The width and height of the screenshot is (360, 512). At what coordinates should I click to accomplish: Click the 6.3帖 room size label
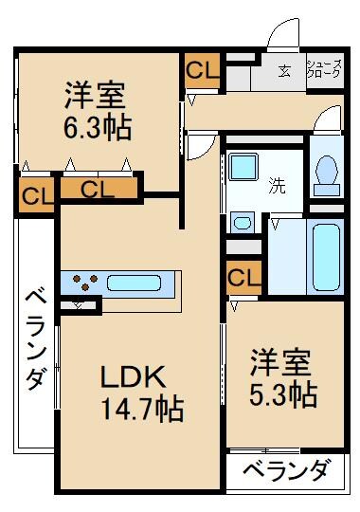point(99,125)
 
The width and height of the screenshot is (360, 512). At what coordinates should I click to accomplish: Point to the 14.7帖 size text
point(142,410)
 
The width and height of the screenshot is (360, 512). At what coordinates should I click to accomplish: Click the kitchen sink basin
point(136,283)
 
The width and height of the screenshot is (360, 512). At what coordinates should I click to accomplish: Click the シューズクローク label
point(322,69)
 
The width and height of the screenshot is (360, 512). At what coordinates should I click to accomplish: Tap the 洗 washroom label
point(277,185)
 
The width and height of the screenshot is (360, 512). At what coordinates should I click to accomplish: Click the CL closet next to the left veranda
point(33,197)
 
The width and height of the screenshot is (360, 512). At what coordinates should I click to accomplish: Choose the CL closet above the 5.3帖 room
point(243,279)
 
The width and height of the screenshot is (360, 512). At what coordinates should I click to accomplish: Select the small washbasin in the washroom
point(243,224)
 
